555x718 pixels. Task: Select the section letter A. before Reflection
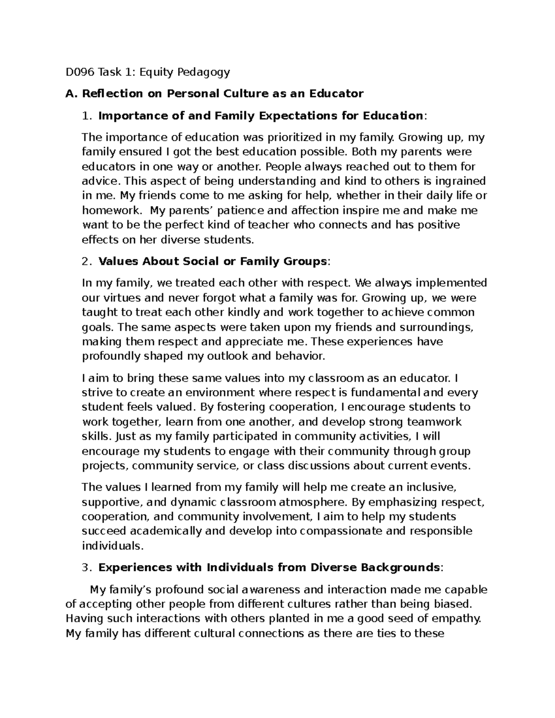(70, 94)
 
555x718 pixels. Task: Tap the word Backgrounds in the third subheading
(400, 567)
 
